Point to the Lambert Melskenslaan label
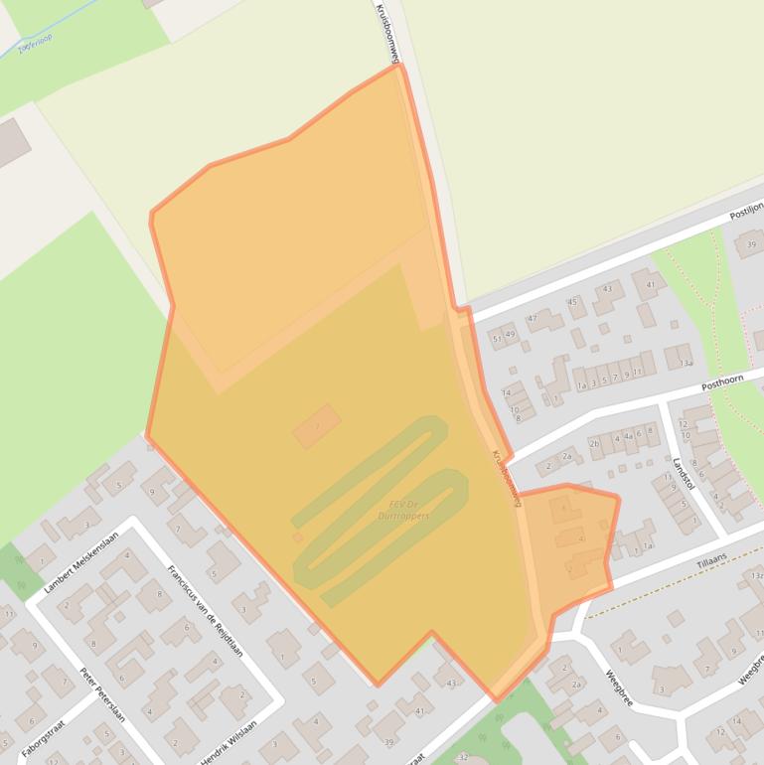80,561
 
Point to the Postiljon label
745,210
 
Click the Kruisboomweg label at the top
385,34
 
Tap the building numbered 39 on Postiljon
750,243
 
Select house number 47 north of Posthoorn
533,319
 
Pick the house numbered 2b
594,443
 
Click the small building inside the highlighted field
317,425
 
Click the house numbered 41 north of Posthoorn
650,284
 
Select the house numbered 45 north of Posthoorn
571,301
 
